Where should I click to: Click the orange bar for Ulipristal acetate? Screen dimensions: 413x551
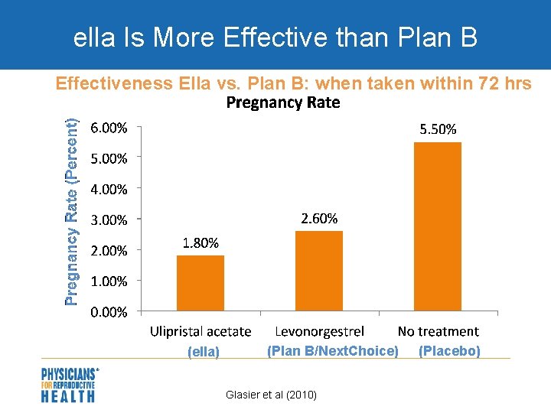point(201,283)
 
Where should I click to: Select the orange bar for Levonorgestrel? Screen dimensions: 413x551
point(319,271)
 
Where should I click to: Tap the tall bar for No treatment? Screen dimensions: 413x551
point(438,226)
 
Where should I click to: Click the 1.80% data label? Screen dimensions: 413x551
point(201,243)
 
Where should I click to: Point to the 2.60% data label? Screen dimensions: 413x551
point(319,219)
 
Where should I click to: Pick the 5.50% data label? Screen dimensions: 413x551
point(438,129)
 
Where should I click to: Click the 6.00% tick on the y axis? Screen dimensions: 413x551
point(109,128)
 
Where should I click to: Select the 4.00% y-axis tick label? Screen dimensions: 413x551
point(109,189)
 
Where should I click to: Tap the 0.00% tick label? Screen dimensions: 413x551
point(109,311)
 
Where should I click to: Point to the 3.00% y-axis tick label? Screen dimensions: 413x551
point(109,220)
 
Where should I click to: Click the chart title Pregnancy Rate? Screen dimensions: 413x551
point(283,102)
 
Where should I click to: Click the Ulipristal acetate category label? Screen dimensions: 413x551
point(201,331)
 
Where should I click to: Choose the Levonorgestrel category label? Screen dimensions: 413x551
point(319,331)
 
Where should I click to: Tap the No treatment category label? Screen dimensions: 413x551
point(438,331)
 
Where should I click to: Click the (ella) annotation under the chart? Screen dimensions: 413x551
point(204,352)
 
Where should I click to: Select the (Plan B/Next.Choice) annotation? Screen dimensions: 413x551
point(332,351)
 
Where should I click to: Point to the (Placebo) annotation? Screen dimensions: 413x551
point(449,351)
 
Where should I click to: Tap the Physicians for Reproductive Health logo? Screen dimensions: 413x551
point(69,385)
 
